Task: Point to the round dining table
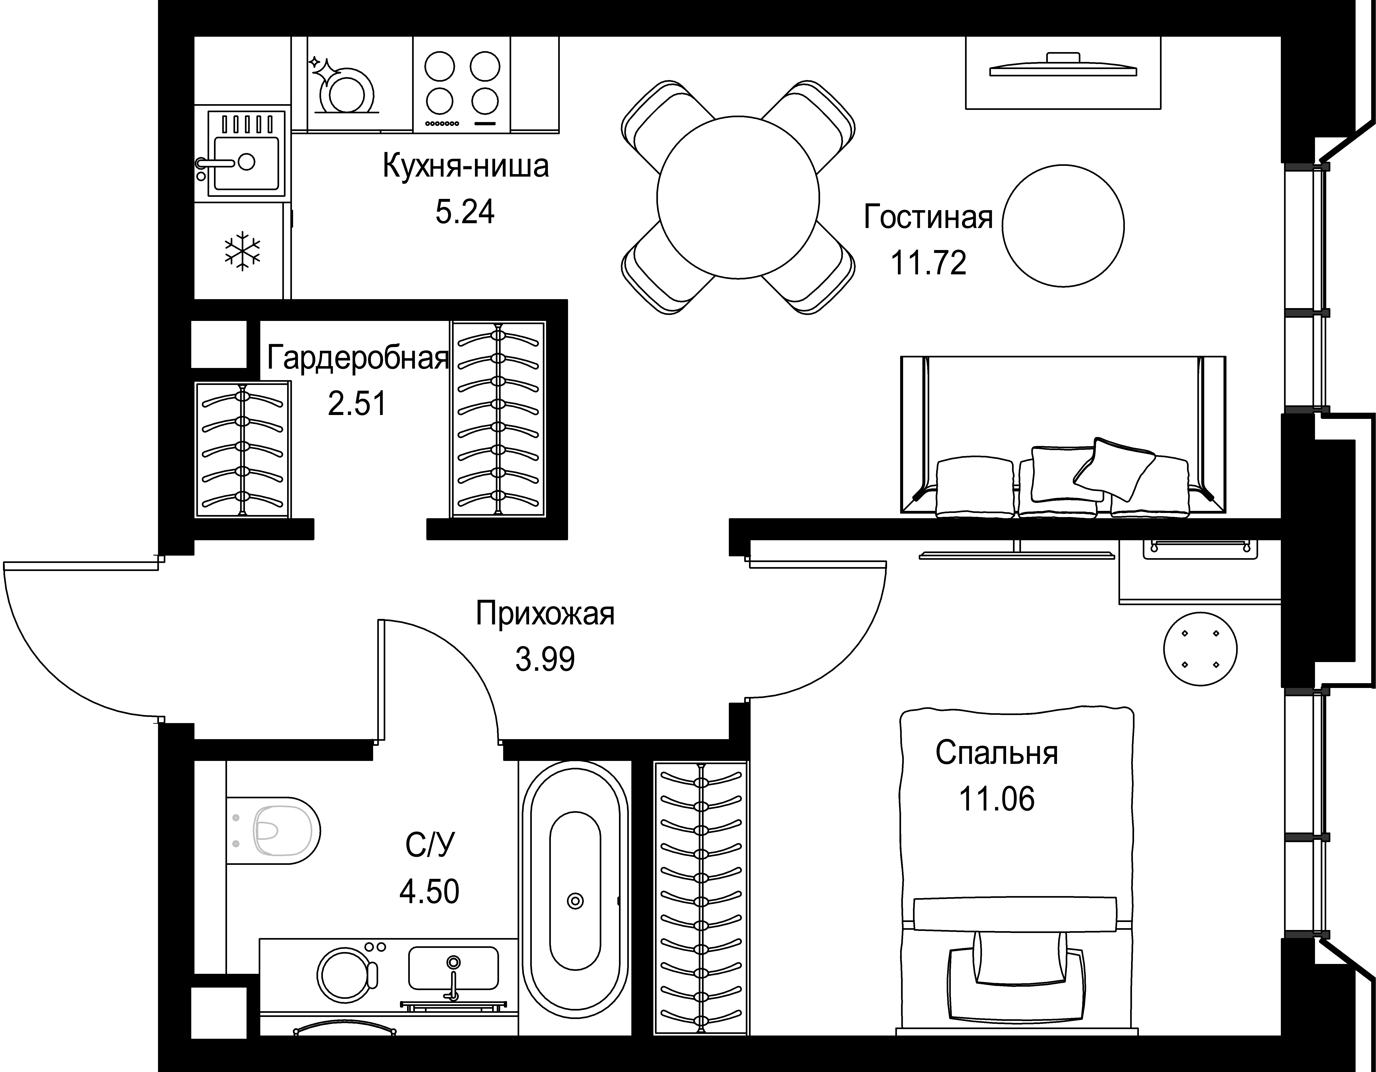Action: pos(738,197)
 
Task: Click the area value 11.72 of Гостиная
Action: pos(928,263)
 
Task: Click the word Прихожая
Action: pos(545,614)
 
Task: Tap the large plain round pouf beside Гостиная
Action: pos(1063,226)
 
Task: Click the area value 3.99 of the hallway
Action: pos(545,660)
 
